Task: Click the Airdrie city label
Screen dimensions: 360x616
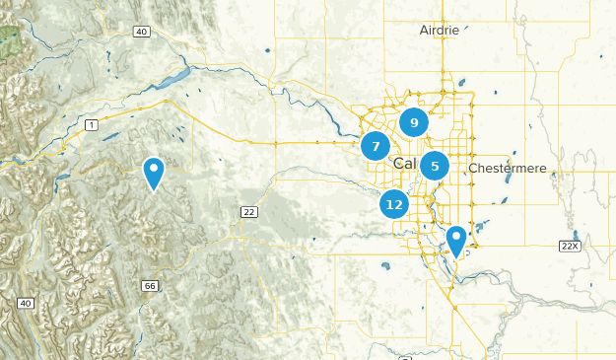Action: click(x=439, y=30)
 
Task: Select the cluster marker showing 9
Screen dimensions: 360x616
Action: click(x=414, y=123)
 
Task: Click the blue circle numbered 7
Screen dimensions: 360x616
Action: click(x=376, y=147)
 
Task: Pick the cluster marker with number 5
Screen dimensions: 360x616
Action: click(x=435, y=167)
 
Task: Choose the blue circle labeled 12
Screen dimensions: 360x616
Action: click(x=395, y=204)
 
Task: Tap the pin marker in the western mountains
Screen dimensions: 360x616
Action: click(x=154, y=172)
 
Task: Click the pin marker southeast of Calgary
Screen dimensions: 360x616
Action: click(x=455, y=239)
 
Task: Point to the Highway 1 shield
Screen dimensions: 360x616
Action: click(x=91, y=124)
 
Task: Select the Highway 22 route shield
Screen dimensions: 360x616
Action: click(x=248, y=212)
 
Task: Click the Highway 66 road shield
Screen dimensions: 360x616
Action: click(x=149, y=285)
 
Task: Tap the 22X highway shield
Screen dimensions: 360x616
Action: click(x=570, y=246)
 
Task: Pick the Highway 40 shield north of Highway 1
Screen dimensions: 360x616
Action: click(x=142, y=32)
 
